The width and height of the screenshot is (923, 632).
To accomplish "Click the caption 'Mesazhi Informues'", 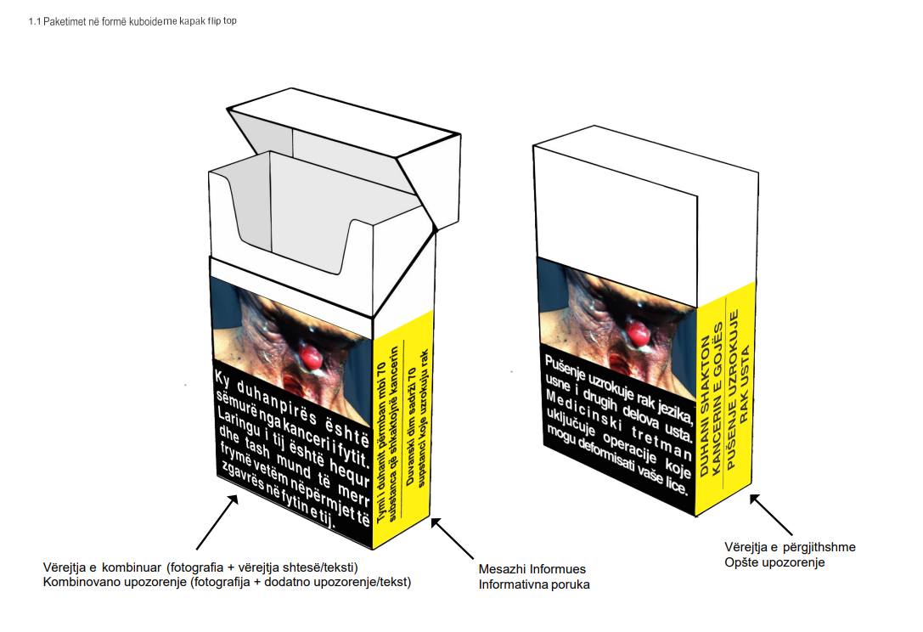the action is [x=532, y=570].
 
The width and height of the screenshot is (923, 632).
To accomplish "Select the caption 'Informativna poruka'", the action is [x=534, y=585].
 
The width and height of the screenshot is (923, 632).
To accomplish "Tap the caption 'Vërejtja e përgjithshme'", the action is [x=790, y=547].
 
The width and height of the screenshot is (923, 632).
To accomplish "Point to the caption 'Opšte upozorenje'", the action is [x=774, y=562].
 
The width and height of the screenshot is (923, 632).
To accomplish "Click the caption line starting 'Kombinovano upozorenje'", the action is [x=228, y=583].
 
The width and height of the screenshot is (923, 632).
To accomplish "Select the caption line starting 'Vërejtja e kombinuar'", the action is [x=200, y=567].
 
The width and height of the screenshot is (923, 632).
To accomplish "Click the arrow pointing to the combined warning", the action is [x=217, y=522].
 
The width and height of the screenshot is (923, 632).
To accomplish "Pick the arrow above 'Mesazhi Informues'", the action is [x=452, y=539].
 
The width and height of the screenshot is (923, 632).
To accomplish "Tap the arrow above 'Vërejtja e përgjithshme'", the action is [x=770, y=515].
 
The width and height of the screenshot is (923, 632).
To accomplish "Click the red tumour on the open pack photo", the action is [x=312, y=357].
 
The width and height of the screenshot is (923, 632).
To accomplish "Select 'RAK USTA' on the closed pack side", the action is [x=744, y=384].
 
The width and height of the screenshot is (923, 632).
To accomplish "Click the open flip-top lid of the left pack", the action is [x=344, y=155].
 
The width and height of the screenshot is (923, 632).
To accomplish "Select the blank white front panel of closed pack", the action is [x=615, y=216].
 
